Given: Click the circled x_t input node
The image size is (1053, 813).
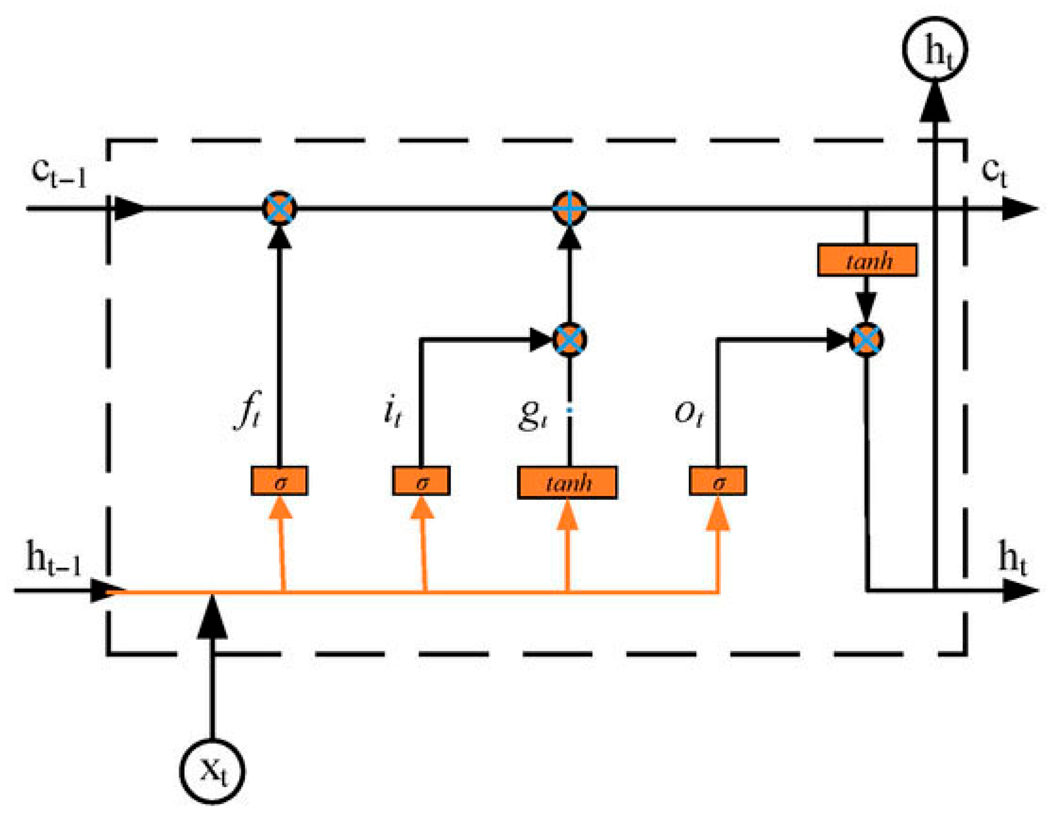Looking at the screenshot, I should coord(212,771).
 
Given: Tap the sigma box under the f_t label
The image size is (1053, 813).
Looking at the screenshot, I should coord(279,480).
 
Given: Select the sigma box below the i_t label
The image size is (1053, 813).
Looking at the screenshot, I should coord(421,480).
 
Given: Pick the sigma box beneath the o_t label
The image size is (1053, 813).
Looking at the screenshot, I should coord(717,480).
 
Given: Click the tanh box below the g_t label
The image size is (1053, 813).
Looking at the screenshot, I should coord(567,482).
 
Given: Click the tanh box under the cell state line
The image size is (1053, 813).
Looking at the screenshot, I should coord(867,260).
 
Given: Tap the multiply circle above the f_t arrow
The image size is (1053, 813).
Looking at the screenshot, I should coord(279,208).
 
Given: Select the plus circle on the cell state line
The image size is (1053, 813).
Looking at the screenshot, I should coord(569,208).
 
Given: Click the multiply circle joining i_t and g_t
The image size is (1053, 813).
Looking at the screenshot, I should coord(569,339).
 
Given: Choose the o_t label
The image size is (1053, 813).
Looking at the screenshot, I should coord(688,413).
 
